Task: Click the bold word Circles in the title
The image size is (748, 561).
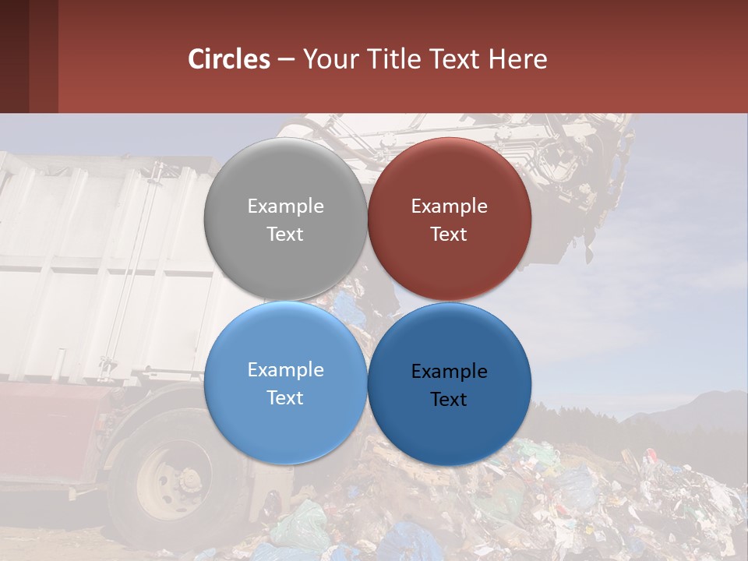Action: (x=228, y=59)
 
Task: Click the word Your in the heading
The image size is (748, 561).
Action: (x=328, y=59)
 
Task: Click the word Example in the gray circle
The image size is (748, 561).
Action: (x=285, y=206)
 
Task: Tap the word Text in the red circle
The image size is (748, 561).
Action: (x=449, y=234)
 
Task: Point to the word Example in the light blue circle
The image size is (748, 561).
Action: (x=285, y=370)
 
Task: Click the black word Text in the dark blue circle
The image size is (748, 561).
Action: (x=449, y=399)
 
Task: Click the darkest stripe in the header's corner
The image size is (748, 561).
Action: (x=14, y=56)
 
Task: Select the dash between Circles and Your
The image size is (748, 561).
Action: (x=285, y=59)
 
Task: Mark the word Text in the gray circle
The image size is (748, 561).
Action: (x=285, y=234)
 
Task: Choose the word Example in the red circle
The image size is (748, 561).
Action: (x=449, y=206)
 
